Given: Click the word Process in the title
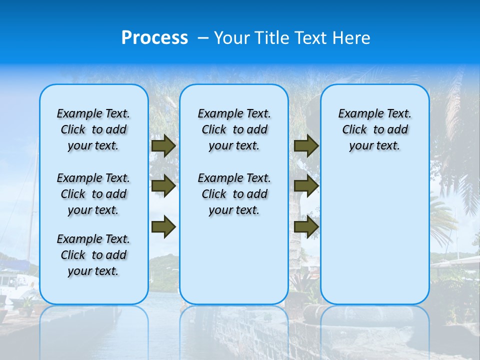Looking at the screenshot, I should [x=154, y=38].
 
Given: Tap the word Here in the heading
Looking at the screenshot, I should [x=352, y=38].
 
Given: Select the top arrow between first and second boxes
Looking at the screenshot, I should [x=163, y=145].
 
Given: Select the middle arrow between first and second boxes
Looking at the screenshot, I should [x=163, y=186].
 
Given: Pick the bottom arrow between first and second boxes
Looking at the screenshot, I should [x=163, y=226].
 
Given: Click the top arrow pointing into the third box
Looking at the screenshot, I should [x=306, y=145].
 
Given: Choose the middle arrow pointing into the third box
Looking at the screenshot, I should [x=306, y=186].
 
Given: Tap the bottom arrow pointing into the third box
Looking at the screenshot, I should [x=306, y=226].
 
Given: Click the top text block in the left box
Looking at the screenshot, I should [x=93, y=129].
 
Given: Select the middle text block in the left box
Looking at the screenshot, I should [x=93, y=194].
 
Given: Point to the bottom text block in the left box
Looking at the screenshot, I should [x=93, y=255].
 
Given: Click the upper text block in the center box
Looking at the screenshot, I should [x=234, y=129].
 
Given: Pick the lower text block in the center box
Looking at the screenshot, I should [x=234, y=194].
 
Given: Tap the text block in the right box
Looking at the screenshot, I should [x=375, y=129].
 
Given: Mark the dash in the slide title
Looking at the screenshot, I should [x=203, y=38].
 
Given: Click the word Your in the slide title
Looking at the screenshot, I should [x=231, y=38].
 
